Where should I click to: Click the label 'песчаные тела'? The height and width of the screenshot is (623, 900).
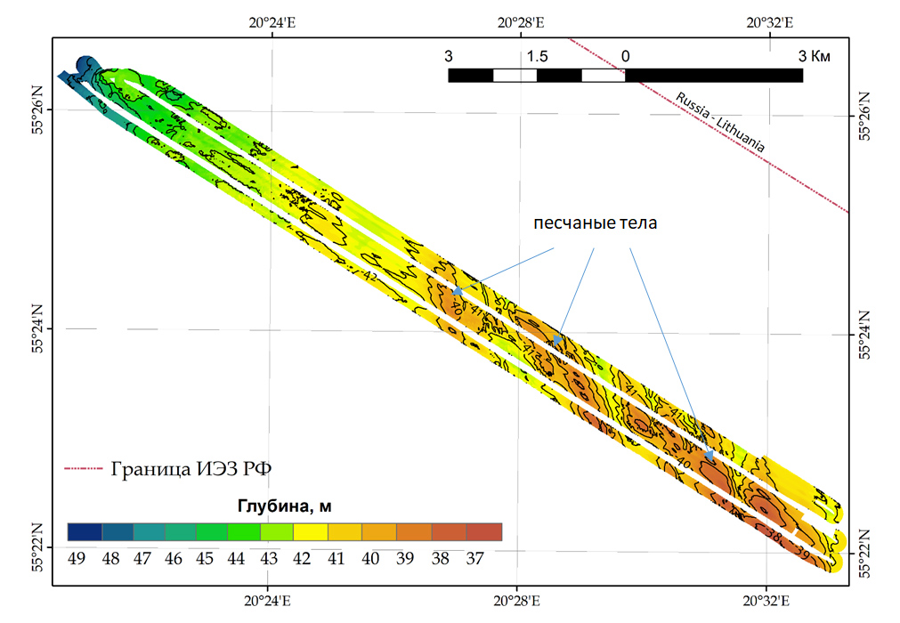pyautogui.click(x=595, y=223)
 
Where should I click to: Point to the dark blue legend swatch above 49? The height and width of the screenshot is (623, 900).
pyautogui.click(x=85, y=532)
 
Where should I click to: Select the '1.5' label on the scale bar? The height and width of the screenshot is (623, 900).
pyautogui.click(x=537, y=56)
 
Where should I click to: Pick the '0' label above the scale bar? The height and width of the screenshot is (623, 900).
pyautogui.click(x=625, y=56)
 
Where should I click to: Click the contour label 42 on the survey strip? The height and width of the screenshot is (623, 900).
pyautogui.click(x=370, y=277)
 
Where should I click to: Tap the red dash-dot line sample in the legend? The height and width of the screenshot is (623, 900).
pyautogui.click(x=85, y=468)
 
